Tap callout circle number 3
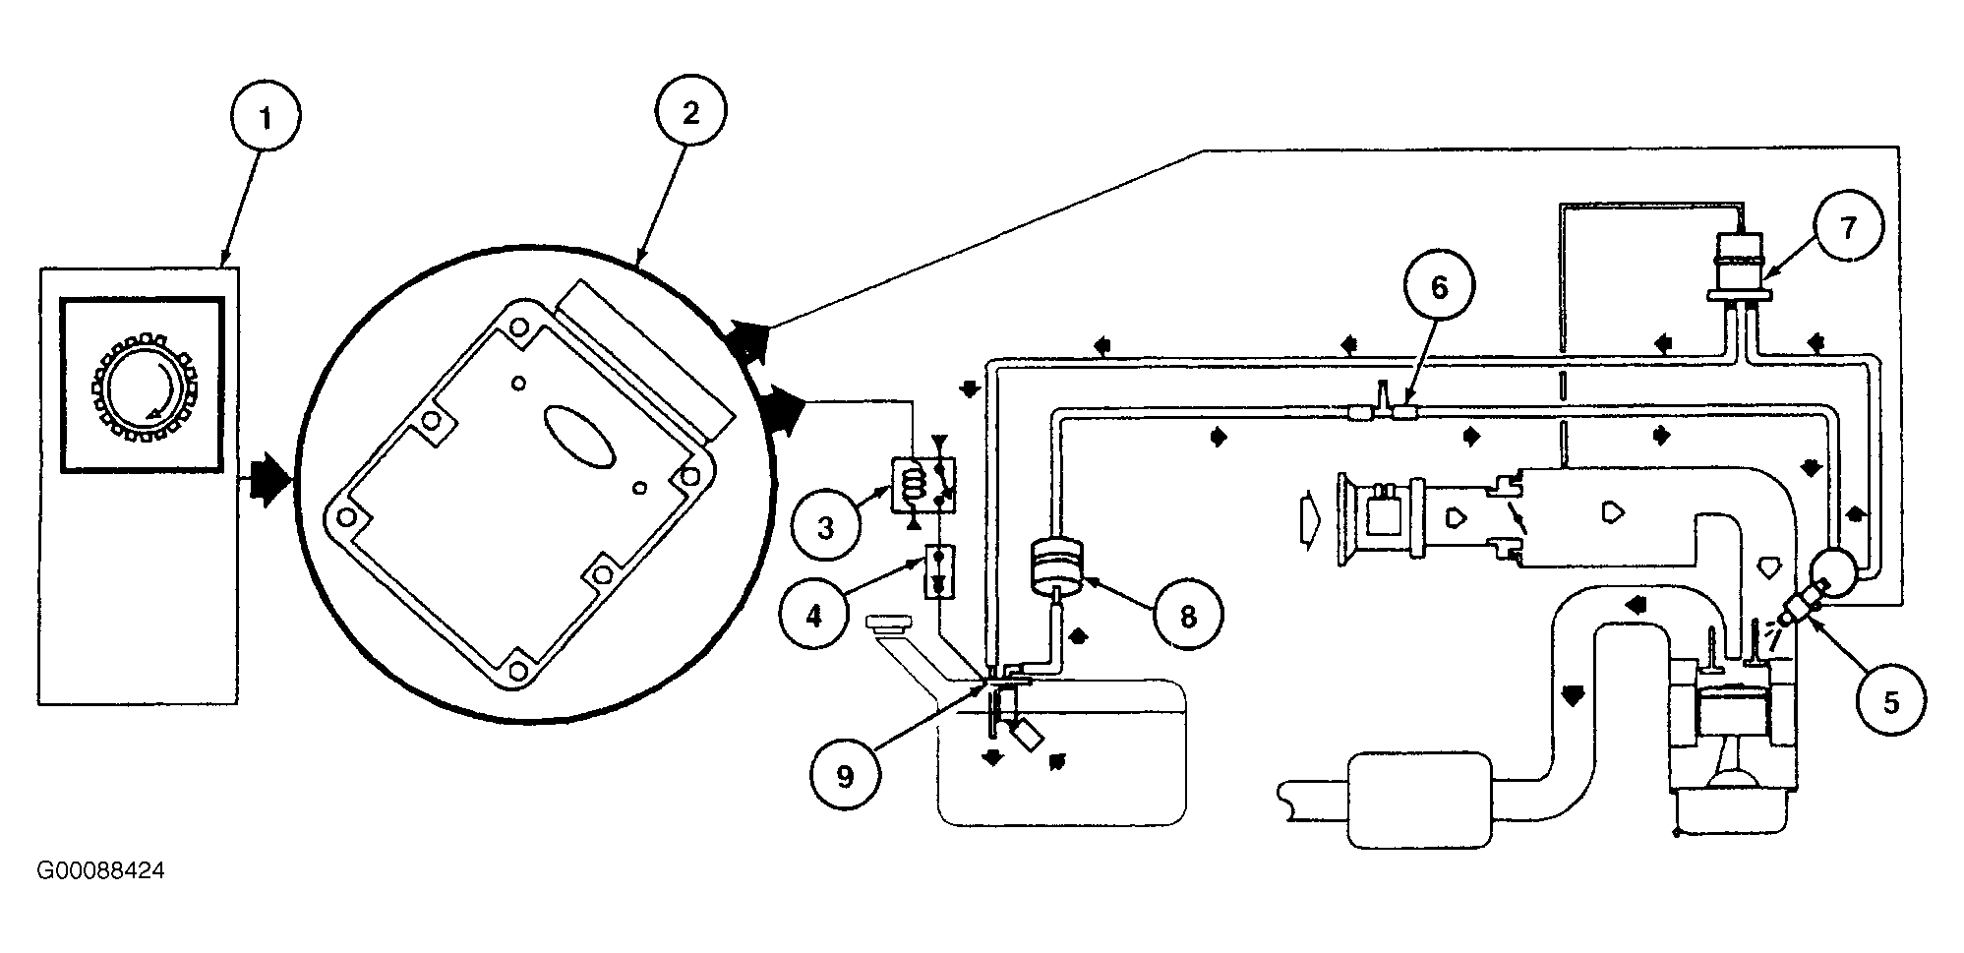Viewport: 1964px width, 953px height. (825, 528)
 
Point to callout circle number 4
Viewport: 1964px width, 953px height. (813, 617)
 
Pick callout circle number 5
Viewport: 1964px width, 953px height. (1890, 701)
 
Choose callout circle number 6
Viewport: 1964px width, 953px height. (1439, 287)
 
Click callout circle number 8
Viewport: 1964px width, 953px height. (1188, 617)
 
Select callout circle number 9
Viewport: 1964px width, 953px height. (845, 776)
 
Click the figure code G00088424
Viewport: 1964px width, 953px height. (100, 871)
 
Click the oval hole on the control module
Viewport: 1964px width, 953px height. (579, 437)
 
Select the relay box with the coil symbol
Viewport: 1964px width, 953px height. (922, 484)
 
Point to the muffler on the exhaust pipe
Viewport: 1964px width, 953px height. (1418, 800)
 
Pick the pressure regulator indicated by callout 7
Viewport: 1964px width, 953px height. (1738, 266)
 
